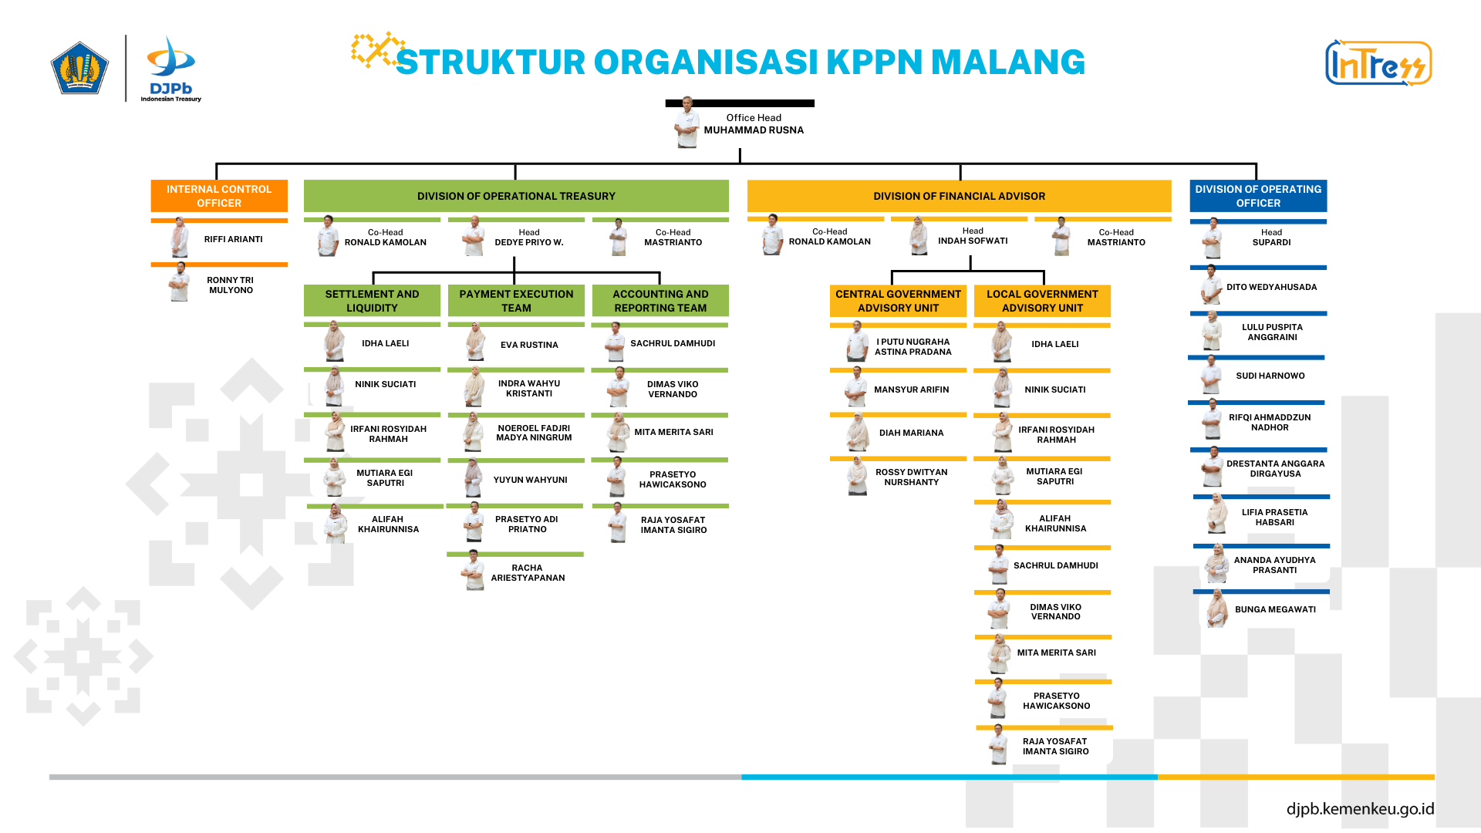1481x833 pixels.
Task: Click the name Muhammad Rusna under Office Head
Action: coord(754,130)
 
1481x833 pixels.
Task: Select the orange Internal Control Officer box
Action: coord(219,196)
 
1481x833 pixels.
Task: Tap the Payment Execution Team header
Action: coord(516,301)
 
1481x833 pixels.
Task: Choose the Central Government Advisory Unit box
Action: coord(898,301)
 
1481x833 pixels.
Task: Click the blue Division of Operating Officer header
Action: coord(1258,196)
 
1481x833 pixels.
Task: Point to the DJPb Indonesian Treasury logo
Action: coord(171,69)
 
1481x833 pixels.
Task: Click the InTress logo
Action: coord(1378,63)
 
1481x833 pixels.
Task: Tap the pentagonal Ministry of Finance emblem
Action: coord(79,68)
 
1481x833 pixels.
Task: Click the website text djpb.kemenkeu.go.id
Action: coord(1360,808)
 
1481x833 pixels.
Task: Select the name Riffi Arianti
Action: coord(233,239)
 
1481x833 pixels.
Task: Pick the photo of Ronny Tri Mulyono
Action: coord(180,283)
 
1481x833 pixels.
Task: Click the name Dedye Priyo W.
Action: coord(529,242)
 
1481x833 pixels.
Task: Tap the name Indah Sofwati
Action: coord(973,241)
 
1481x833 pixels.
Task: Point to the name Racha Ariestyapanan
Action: coord(528,573)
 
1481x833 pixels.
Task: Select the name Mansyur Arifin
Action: coord(911,390)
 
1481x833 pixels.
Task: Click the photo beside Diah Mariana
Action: coord(857,433)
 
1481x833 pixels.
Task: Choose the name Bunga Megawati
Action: coord(1275,609)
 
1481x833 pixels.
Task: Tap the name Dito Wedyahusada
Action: coord(1271,287)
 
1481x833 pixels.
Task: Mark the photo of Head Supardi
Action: coord(1213,239)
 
